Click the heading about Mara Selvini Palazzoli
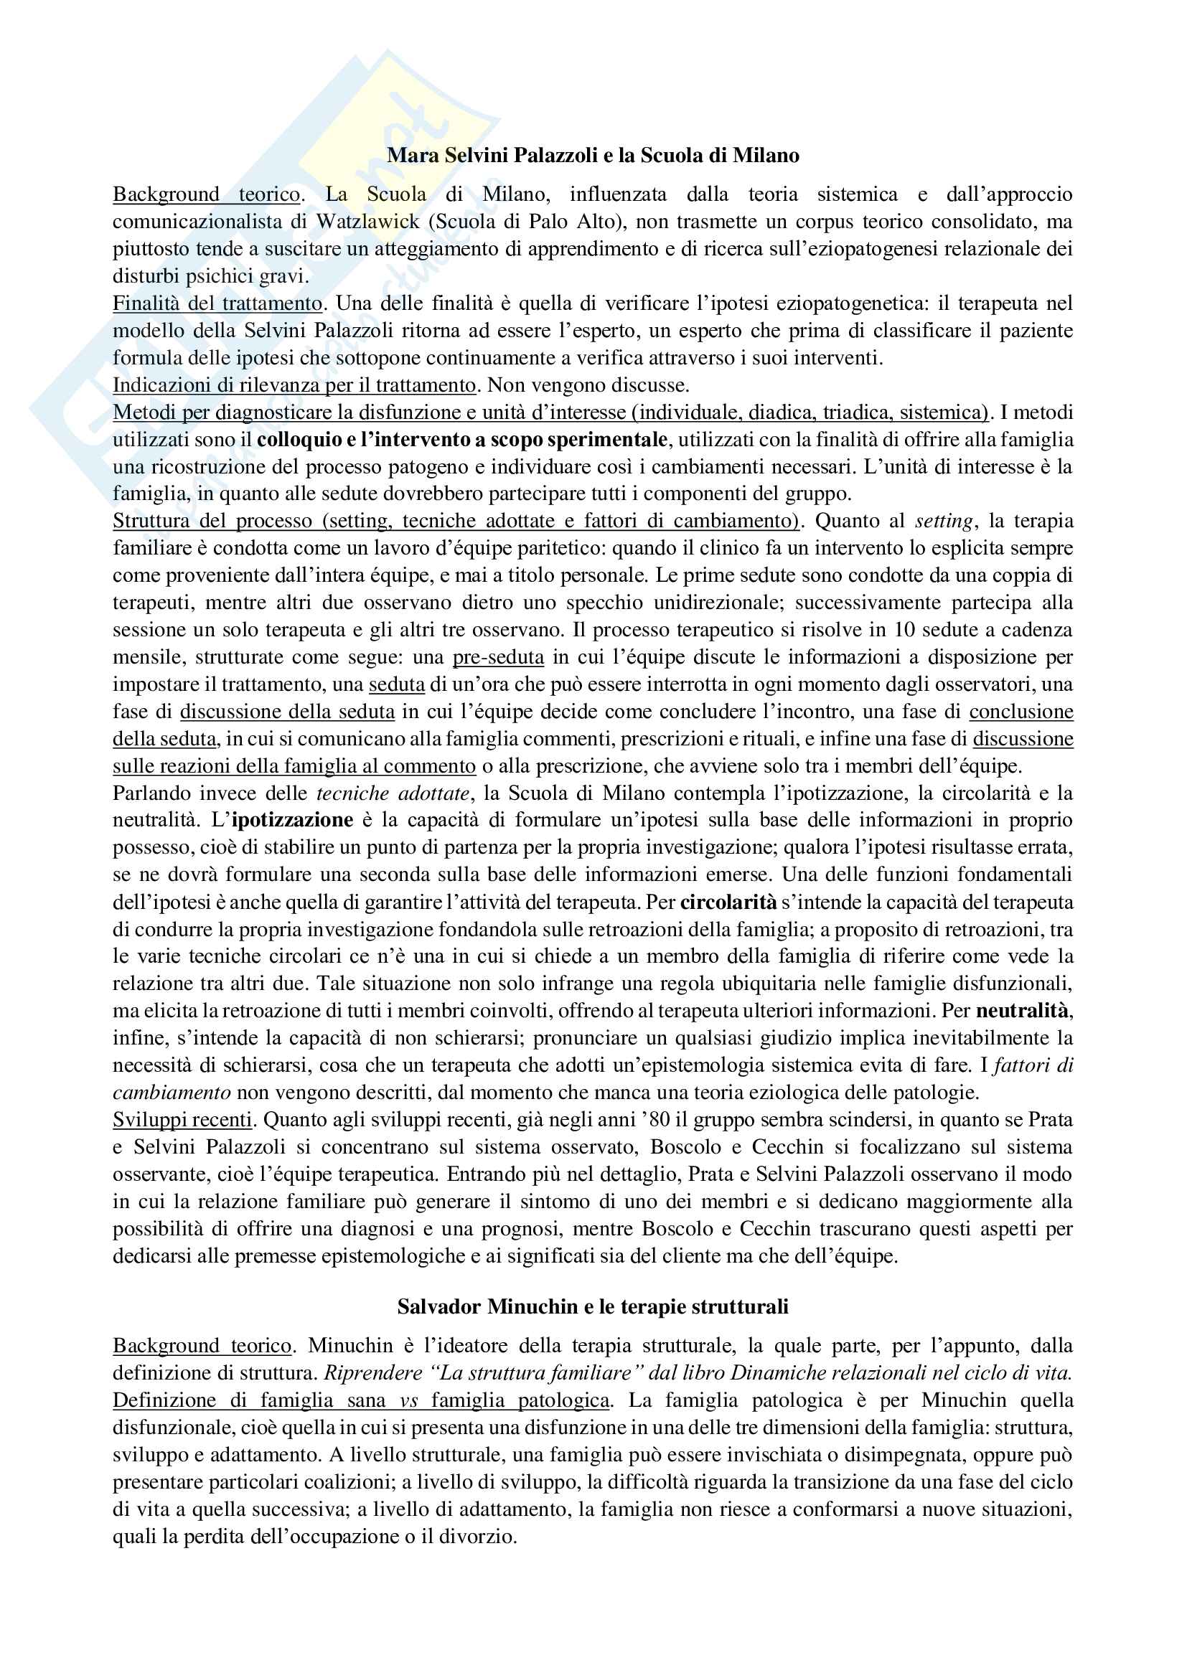pyautogui.click(x=593, y=156)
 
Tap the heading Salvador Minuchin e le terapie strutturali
pyautogui.click(x=593, y=1306)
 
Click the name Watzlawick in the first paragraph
pyautogui.click(x=368, y=222)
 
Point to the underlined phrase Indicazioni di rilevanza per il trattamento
pyautogui.click(x=294, y=385)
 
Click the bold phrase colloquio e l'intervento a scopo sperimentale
pyautogui.click(x=462, y=439)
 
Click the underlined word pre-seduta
pyautogui.click(x=499, y=657)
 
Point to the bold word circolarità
pyautogui.click(x=728, y=902)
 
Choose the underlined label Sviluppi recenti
pyautogui.click(x=182, y=1120)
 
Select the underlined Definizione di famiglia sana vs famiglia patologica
pyautogui.click(x=361, y=1400)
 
